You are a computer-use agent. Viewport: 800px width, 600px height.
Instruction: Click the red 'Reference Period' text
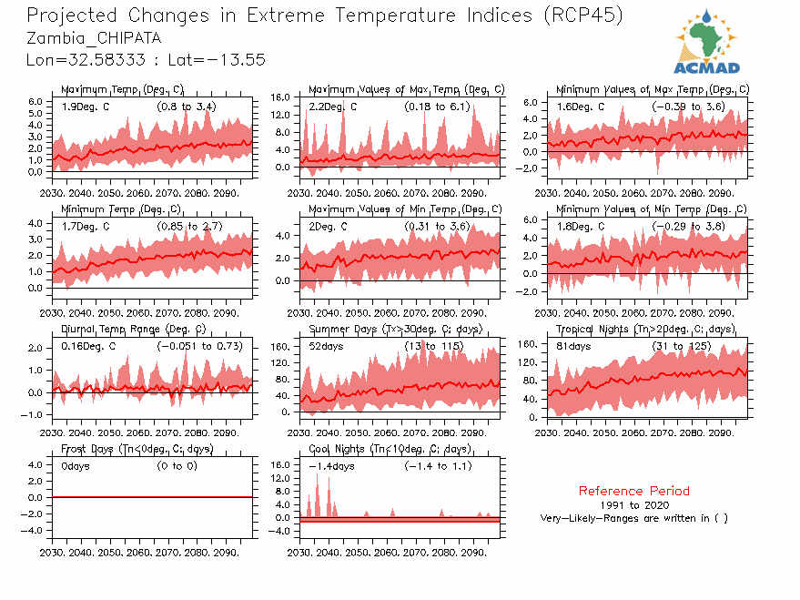point(633,491)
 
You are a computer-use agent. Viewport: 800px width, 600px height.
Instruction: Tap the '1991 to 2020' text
point(633,504)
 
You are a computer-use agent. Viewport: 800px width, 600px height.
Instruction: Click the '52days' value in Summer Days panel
point(326,346)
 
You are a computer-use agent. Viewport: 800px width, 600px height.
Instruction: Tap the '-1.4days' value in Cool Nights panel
point(330,466)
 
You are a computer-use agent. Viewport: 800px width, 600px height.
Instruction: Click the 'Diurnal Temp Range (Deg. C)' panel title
point(133,329)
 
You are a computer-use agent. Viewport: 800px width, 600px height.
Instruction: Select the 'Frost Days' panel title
point(86,449)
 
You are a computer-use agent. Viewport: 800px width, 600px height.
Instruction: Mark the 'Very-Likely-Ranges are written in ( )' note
point(633,518)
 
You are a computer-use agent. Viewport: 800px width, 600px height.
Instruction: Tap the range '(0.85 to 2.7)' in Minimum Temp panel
point(187,226)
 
